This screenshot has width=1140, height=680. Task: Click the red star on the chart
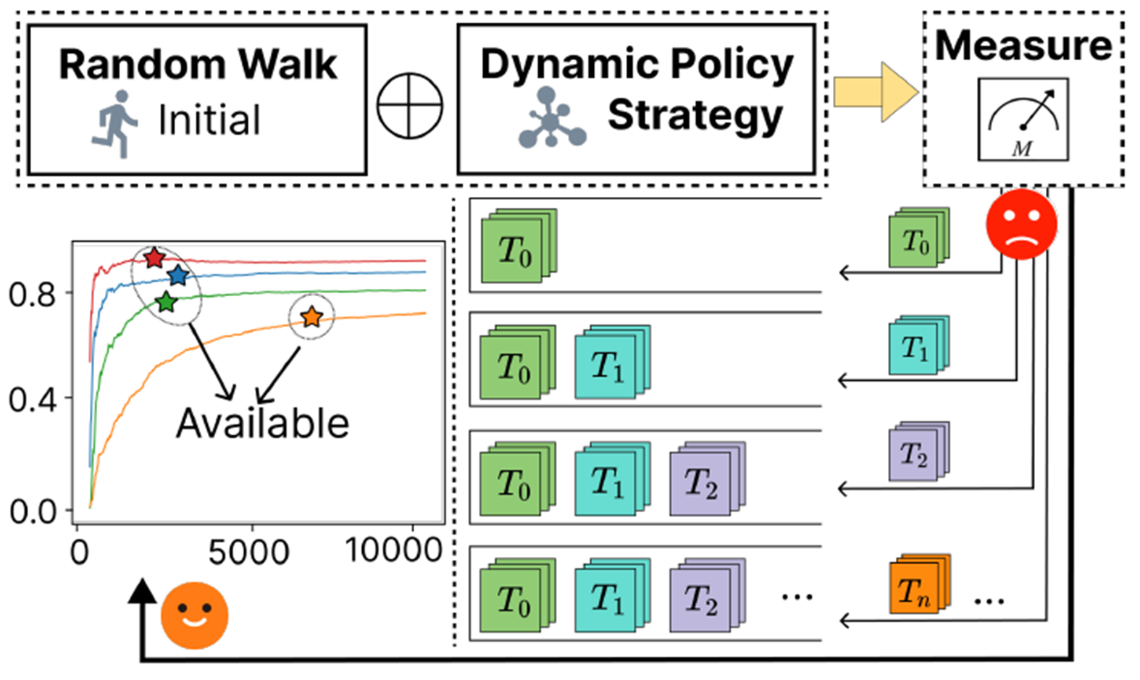(154, 257)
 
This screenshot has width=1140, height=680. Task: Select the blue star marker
(177, 275)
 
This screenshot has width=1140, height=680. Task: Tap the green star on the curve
(167, 302)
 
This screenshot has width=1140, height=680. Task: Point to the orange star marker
(311, 316)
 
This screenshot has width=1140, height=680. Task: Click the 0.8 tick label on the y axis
(32, 295)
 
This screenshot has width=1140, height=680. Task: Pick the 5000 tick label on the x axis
(248, 553)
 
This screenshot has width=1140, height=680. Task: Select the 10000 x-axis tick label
(393, 550)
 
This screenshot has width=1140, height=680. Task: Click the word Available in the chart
(262, 423)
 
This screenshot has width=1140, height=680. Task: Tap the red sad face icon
(1021, 224)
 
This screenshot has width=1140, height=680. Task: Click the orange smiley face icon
(194, 615)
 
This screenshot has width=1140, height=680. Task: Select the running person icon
(115, 124)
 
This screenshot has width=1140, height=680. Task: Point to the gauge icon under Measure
(1023, 119)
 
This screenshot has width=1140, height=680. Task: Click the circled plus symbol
(410, 105)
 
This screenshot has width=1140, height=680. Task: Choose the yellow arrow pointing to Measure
(875, 92)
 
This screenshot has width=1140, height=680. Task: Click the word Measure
(1023, 46)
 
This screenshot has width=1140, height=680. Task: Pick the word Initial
(209, 120)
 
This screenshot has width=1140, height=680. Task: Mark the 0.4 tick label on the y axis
(32, 400)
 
